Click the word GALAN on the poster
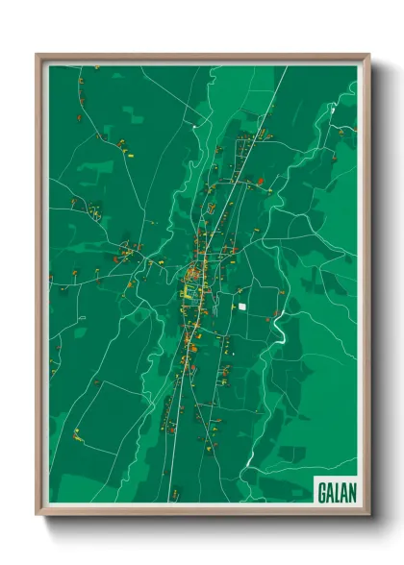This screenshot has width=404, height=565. tap(336, 491)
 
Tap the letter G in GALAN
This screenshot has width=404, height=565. tap(322, 491)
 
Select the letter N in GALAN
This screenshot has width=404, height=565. tap(350, 491)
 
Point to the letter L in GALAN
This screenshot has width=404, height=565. tap(337, 491)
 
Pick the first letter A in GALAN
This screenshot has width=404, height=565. tap(330, 491)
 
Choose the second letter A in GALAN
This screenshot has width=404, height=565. tap(343, 491)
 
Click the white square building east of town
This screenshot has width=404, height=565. tap(243, 306)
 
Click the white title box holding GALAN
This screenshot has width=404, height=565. tap(336, 491)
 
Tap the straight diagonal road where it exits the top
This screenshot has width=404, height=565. tap(286, 68)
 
